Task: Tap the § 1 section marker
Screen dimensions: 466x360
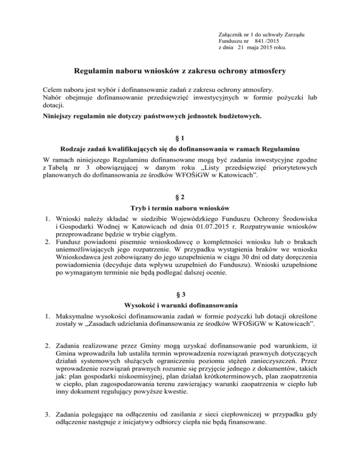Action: pos(180,140)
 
